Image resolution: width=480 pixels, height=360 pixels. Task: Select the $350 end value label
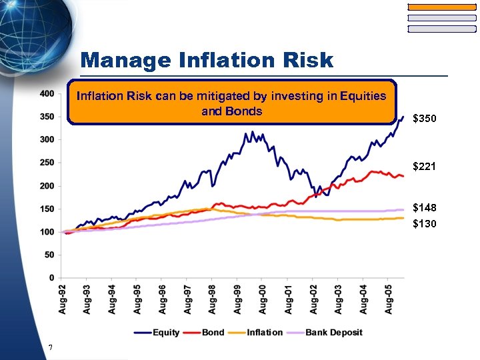click(425, 119)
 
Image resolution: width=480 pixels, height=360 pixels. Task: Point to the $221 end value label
click(425, 166)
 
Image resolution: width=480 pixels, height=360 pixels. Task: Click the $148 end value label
click(425, 208)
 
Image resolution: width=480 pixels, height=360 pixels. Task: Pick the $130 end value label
click(425, 224)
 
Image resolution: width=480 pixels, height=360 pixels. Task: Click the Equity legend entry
click(165, 332)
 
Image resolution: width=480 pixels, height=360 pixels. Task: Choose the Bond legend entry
click(213, 332)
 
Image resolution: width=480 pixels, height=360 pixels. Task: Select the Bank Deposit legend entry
click(333, 332)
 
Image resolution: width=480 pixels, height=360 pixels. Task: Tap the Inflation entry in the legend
click(264, 332)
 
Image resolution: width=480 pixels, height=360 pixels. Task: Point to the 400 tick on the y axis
click(46, 94)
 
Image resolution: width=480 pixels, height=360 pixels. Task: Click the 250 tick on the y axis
click(46, 163)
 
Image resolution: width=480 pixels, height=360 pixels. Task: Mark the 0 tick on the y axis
click(51, 277)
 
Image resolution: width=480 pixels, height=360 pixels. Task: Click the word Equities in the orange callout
click(363, 96)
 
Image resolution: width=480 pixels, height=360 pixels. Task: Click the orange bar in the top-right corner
click(442, 7)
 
